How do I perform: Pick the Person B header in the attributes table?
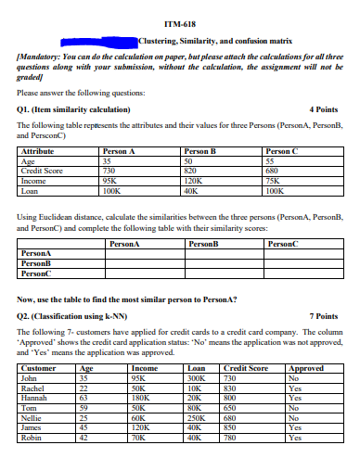point(200,149)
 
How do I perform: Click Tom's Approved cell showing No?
point(295,412)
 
